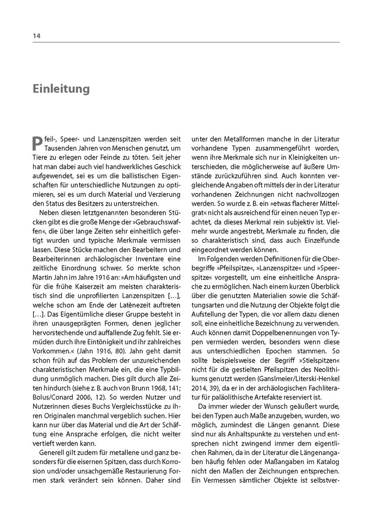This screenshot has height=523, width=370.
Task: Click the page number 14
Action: (36, 36)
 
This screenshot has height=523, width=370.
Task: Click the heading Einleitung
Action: (61, 89)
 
